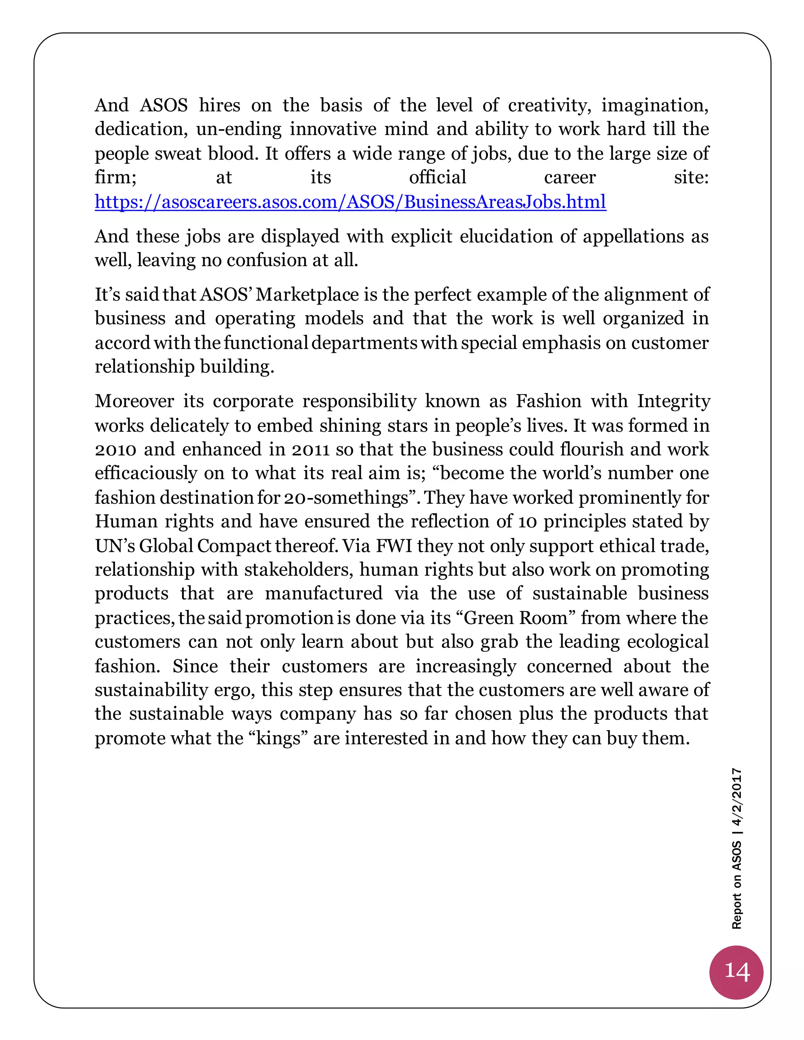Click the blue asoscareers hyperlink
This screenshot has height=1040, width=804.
(x=350, y=202)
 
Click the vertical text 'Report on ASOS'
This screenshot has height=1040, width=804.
(x=737, y=885)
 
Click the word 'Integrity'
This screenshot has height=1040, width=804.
(x=674, y=401)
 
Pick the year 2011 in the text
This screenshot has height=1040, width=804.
(x=311, y=449)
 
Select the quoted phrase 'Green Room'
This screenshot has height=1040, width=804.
(x=515, y=618)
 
